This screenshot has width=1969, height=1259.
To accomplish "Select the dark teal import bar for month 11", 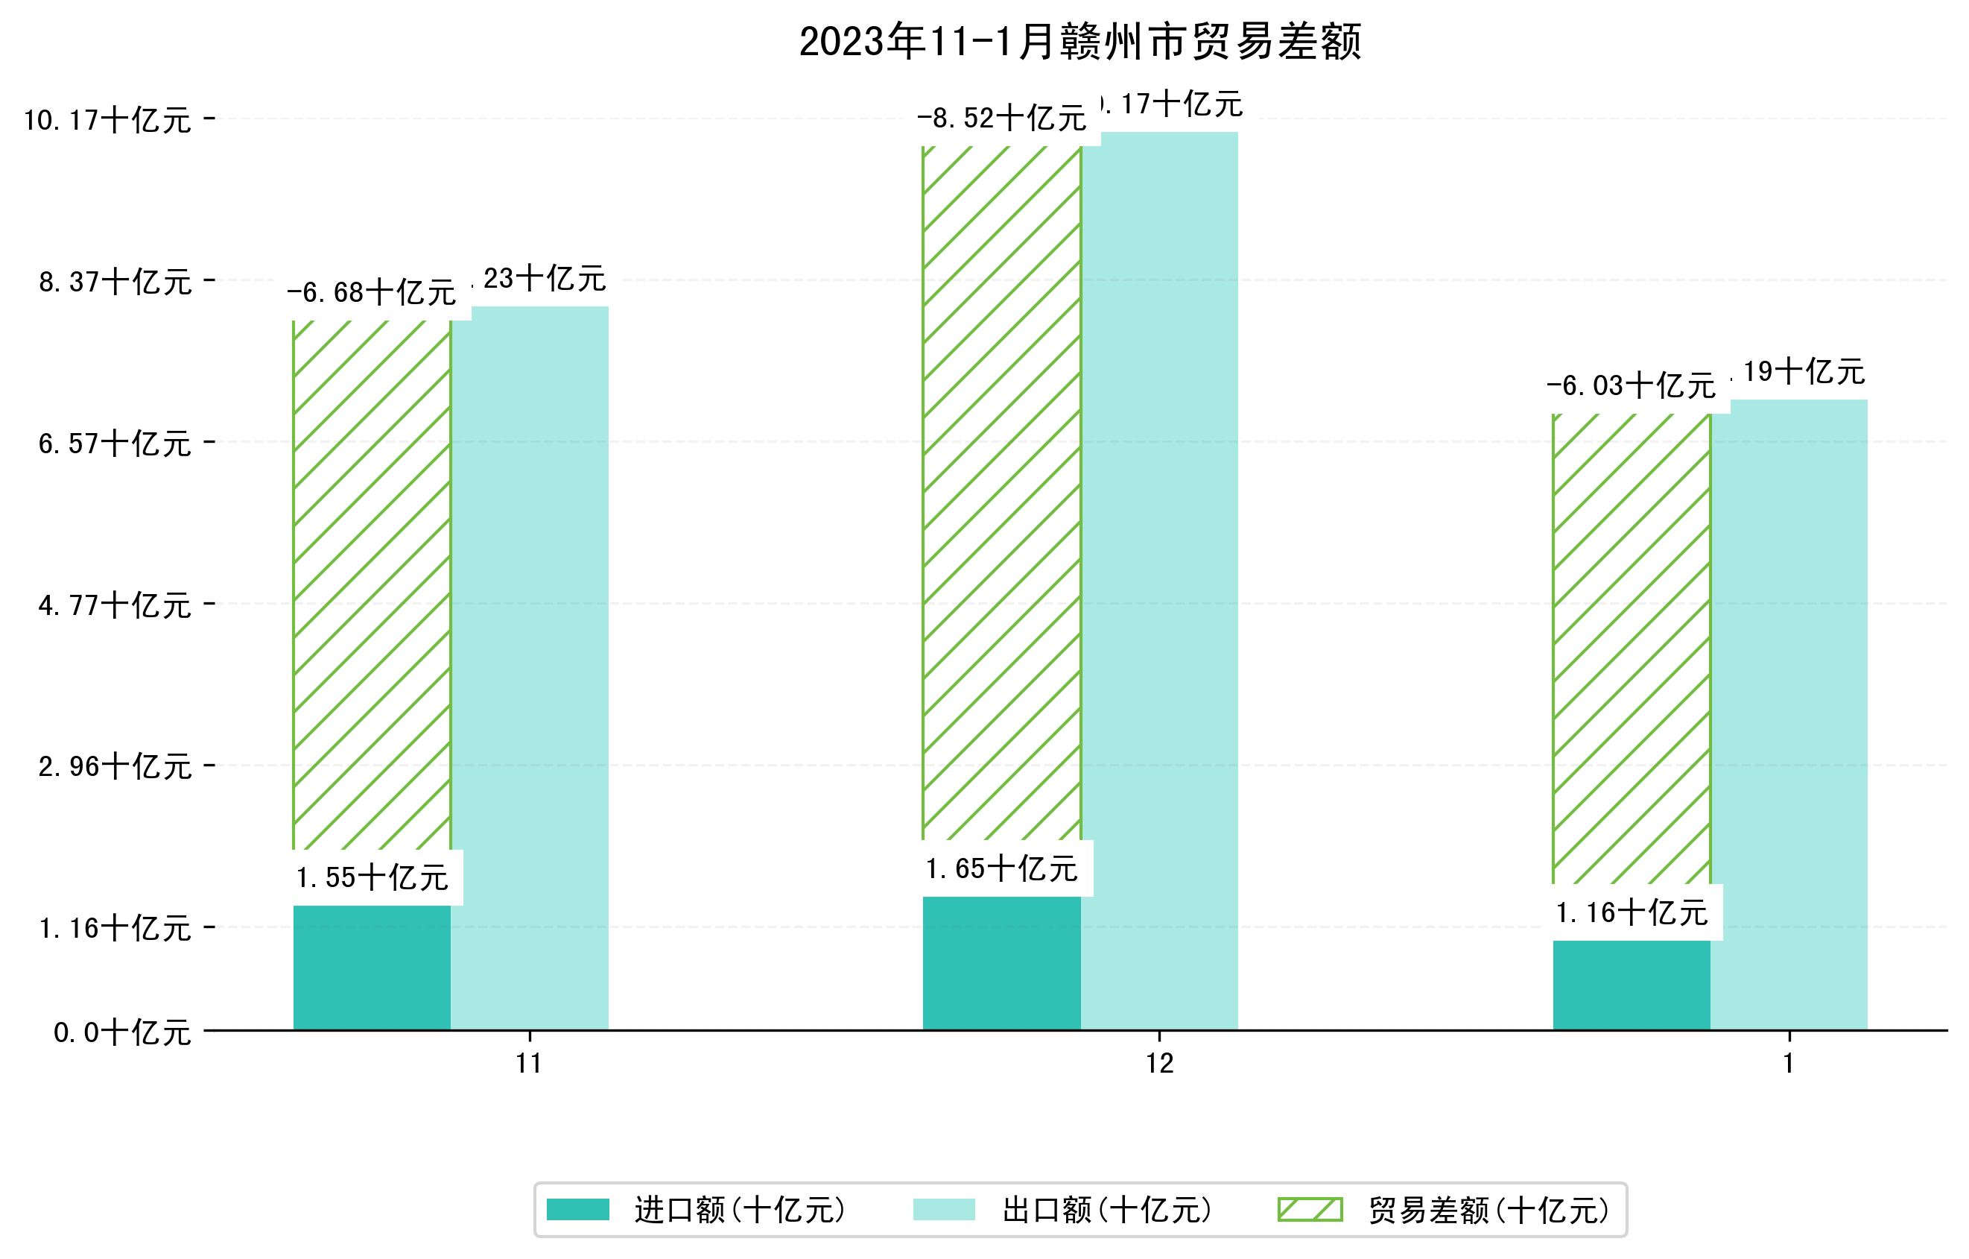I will [x=371, y=967].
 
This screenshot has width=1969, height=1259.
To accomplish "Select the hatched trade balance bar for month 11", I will [x=371, y=585].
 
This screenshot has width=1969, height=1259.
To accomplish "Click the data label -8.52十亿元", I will [x=1001, y=119].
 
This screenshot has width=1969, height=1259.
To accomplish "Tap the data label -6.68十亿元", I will [x=371, y=293].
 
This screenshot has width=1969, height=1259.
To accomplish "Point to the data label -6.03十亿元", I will [x=1631, y=386].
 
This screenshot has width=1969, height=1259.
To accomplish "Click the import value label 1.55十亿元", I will [x=372, y=878].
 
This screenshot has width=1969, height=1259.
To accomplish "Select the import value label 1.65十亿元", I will [x=1002, y=869].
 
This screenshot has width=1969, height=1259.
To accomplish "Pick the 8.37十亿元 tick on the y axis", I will [x=115, y=283].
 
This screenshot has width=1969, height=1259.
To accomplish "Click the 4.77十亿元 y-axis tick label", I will [x=115, y=605].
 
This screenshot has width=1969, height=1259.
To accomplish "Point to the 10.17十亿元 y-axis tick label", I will [x=107, y=120].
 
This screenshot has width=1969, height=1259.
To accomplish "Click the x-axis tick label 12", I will [x=1158, y=1064].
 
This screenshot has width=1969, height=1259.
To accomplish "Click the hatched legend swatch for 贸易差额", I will [x=1309, y=1209].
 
